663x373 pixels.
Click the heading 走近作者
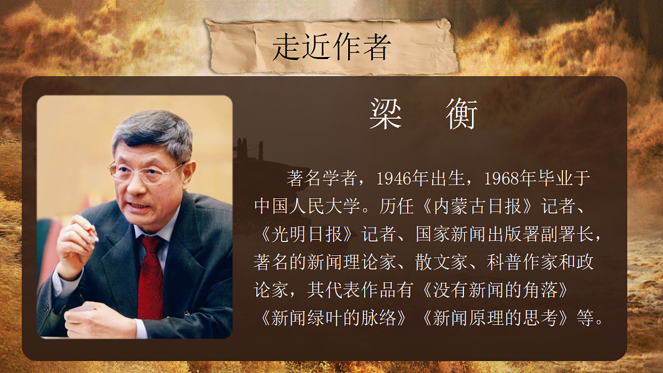pyautogui.click(x=331, y=46)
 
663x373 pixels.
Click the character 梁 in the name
pyautogui.click(x=385, y=115)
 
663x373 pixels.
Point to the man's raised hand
pyautogui.click(x=77, y=243)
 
